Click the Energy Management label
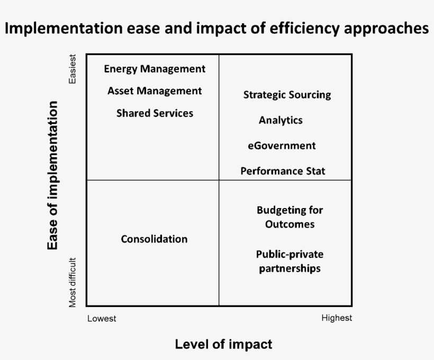(x=155, y=69)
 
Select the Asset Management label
(x=155, y=91)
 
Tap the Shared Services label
(x=155, y=113)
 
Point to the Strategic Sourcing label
(x=287, y=95)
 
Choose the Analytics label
(x=281, y=120)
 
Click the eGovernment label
(x=282, y=146)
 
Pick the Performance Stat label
(x=283, y=171)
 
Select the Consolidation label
(x=154, y=239)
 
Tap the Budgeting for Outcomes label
(x=290, y=217)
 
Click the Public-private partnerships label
(x=290, y=261)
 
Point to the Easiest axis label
(x=73, y=68)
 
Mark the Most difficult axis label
(x=73, y=282)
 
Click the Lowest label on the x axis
(x=102, y=319)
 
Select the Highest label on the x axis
(x=337, y=318)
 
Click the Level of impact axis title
(x=223, y=345)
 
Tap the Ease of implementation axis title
(x=52, y=175)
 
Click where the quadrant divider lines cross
(x=219, y=180)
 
